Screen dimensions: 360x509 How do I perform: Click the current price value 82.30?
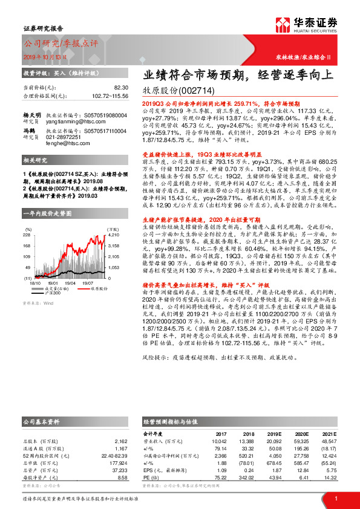click(122, 88)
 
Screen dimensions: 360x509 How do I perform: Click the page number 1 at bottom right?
click(336, 498)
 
